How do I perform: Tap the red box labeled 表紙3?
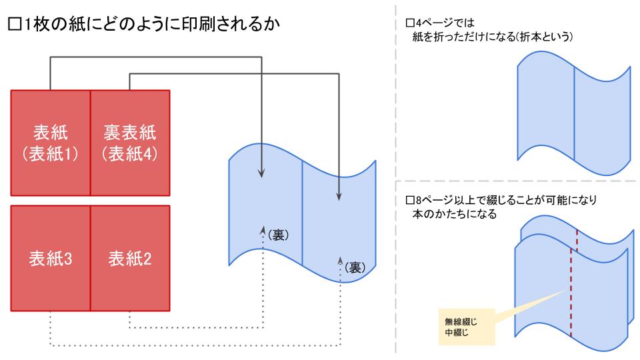tap(51, 258)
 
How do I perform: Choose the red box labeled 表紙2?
tap(130, 258)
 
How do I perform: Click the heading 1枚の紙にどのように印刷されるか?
tap(150, 27)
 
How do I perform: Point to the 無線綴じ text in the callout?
tap(459, 320)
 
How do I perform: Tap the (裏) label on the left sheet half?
tap(277, 235)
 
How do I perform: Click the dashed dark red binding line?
tap(573, 280)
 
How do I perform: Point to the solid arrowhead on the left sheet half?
tap(261, 175)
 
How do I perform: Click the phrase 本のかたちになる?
tap(454, 214)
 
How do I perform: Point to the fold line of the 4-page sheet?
tap(574, 113)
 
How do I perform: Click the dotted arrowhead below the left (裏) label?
tap(263, 229)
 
